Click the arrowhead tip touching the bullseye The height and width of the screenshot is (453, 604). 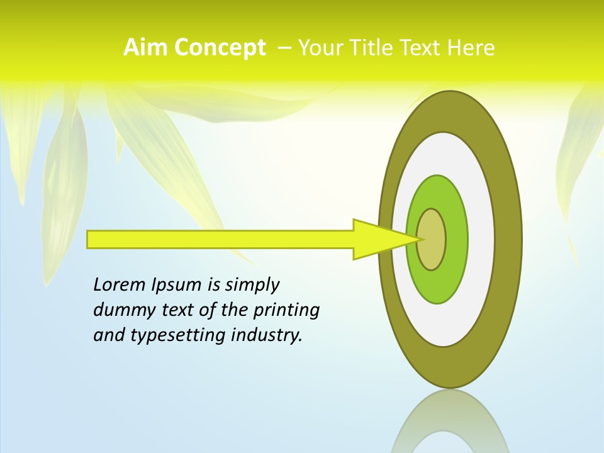(417, 239)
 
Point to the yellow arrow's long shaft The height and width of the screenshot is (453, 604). (220, 239)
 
